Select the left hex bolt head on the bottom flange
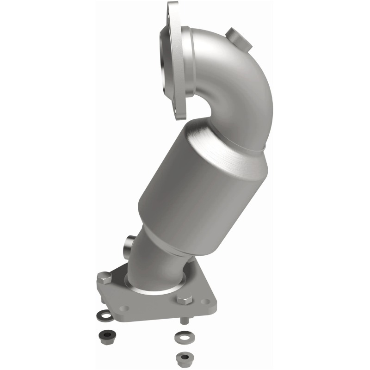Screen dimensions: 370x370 point(104,278)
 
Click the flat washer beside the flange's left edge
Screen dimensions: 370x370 point(104,316)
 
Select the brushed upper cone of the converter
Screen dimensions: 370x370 point(227,139)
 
